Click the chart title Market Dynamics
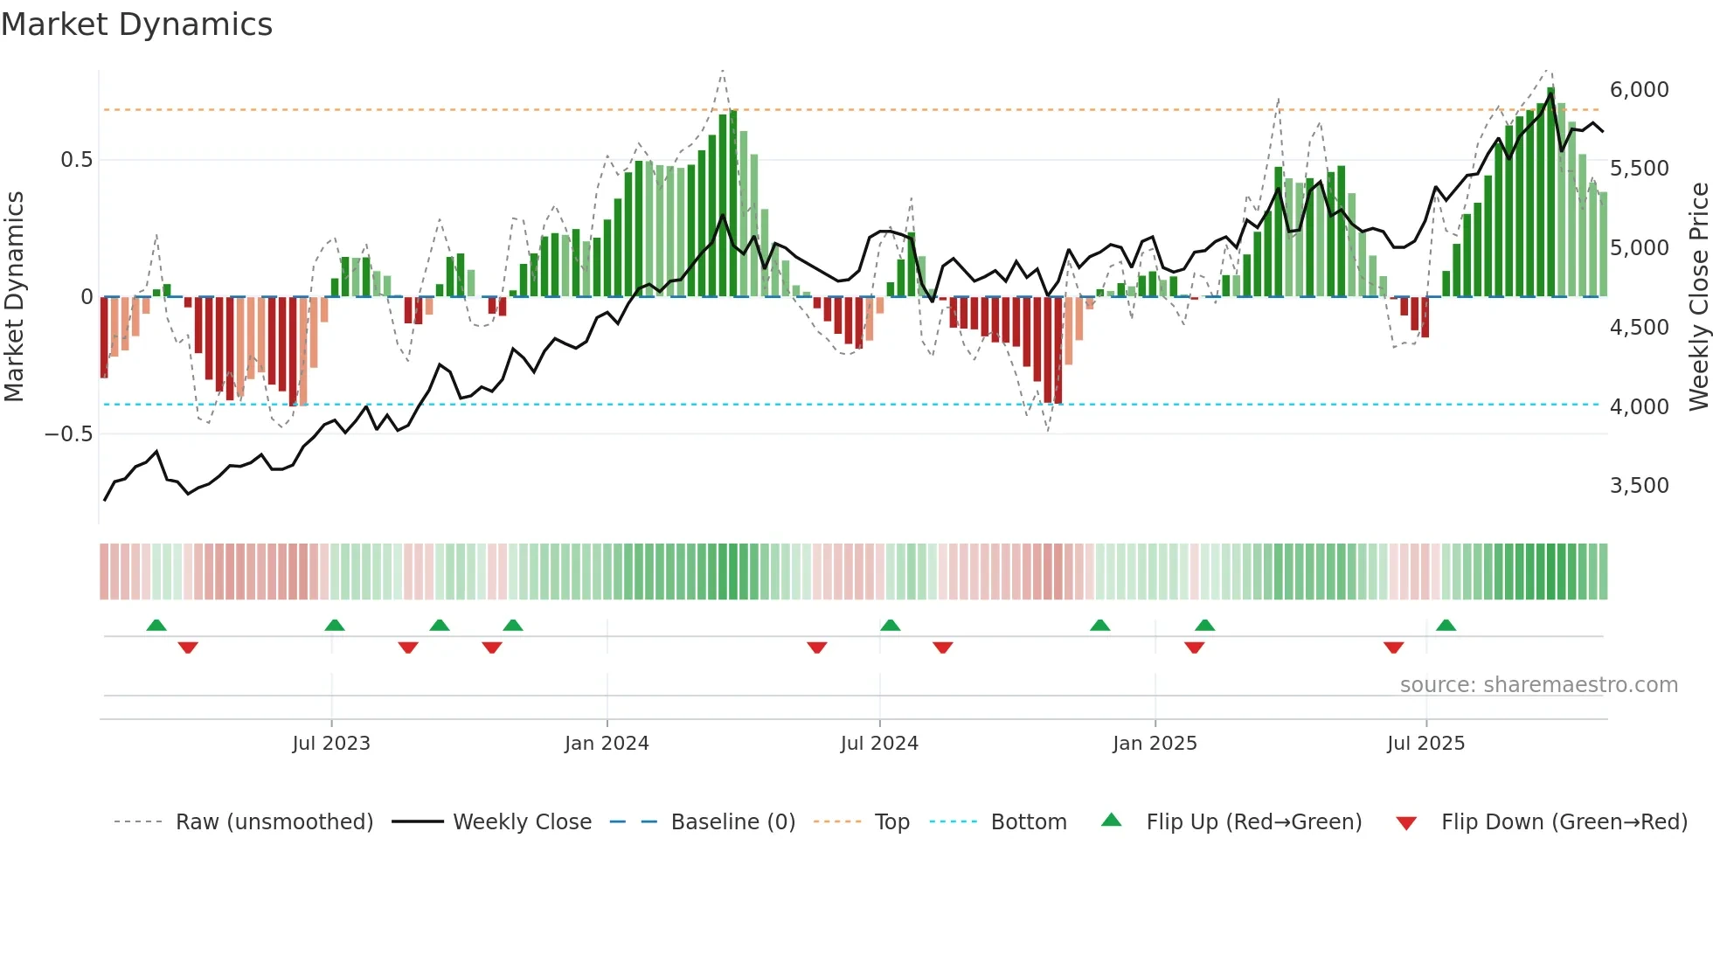point(136,24)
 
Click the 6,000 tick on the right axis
point(1639,90)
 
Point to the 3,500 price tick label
point(1639,486)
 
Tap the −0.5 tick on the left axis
point(68,434)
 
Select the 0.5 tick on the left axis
point(76,160)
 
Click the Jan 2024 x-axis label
point(607,744)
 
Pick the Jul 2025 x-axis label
point(1425,744)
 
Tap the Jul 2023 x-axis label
point(331,744)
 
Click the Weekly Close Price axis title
point(1698,297)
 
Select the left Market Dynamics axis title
point(14,297)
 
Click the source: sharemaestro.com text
point(1538,685)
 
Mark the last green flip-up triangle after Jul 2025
point(1446,626)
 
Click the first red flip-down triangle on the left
point(188,648)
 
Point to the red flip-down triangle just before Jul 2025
point(1393,648)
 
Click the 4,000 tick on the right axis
point(1639,407)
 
